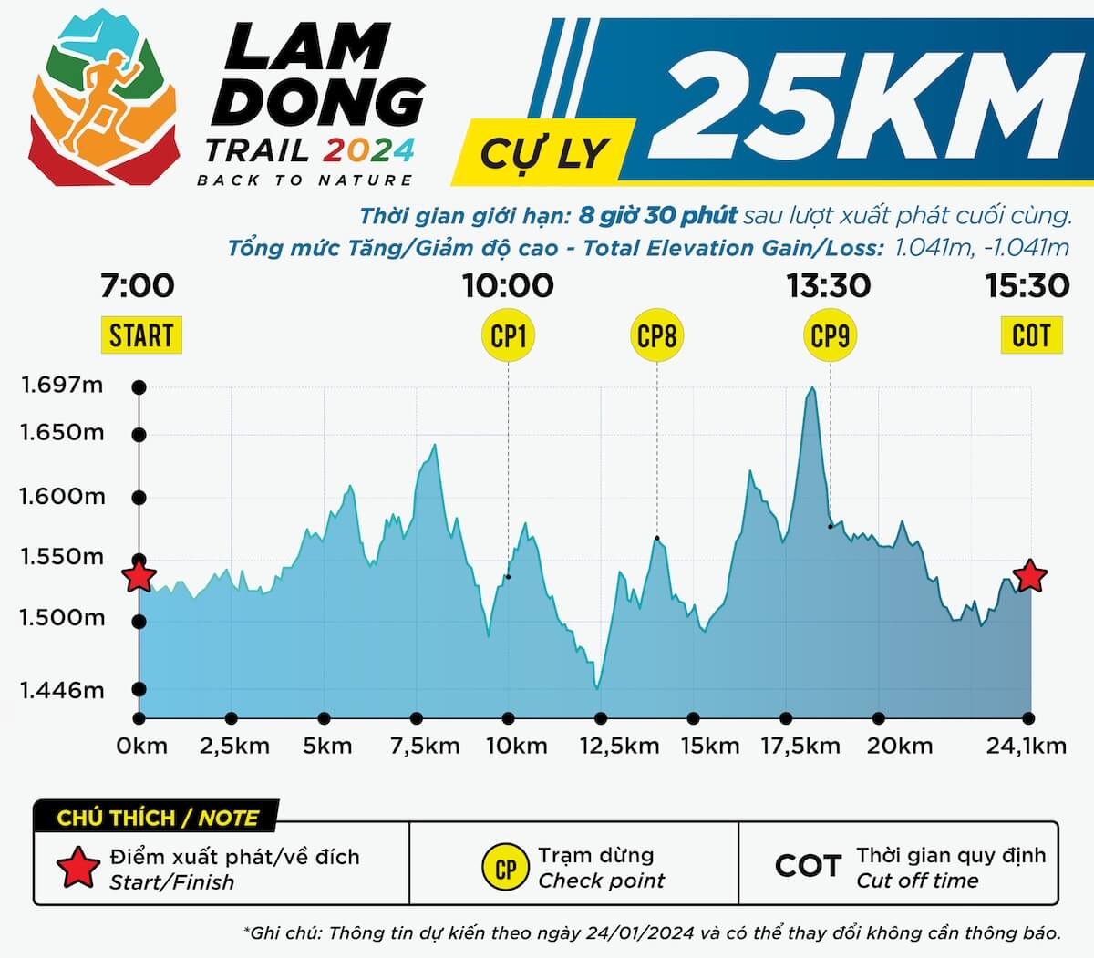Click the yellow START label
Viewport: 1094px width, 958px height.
pyautogui.click(x=140, y=335)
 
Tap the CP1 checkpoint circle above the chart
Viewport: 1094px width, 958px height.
pyautogui.click(x=509, y=336)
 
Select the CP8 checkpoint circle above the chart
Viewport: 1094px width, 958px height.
pyautogui.click(x=656, y=336)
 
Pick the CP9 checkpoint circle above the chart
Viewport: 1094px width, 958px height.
pyautogui.click(x=830, y=336)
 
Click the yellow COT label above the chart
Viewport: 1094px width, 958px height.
pyautogui.click(x=1031, y=335)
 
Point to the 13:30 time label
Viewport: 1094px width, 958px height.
pyautogui.click(x=829, y=285)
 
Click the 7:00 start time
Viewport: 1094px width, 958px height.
pyautogui.click(x=138, y=285)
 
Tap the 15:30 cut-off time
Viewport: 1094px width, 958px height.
pyautogui.click(x=1027, y=285)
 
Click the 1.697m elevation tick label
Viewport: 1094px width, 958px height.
pyautogui.click(x=62, y=385)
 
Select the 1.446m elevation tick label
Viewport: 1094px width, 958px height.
pyautogui.click(x=62, y=690)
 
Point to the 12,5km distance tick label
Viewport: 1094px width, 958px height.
pyautogui.click(x=619, y=746)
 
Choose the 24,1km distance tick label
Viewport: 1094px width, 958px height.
pyautogui.click(x=1027, y=746)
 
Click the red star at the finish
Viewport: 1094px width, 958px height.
pyautogui.click(x=1030, y=576)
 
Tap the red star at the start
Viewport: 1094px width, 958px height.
pyautogui.click(x=139, y=576)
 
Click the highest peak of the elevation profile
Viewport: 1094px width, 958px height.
pyautogui.click(x=810, y=389)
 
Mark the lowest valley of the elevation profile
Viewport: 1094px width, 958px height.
pyautogui.click(x=597, y=687)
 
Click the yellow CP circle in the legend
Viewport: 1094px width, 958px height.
pyautogui.click(x=506, y=868)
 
